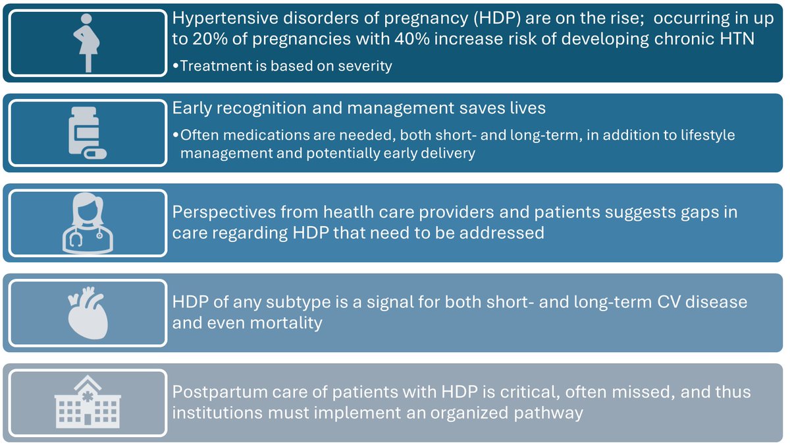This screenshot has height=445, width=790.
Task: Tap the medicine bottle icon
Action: point(86,131)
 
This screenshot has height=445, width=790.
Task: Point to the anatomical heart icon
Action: point(88,312)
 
